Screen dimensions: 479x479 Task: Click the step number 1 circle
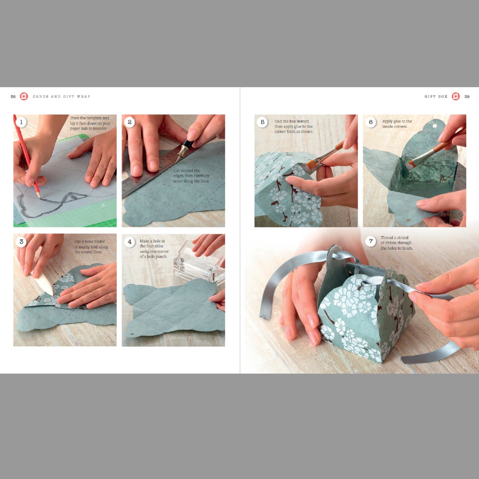pyautogui.click(x=21, y=122)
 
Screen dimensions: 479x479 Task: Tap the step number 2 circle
pyautogui.click(x=130, y=122)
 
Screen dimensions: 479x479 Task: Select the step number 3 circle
pyautogui.click(x=21, y=242)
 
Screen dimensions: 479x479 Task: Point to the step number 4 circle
pyautogui.click(x=130, y=242)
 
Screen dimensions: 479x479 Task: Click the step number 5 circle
pyautogui.click(x=263, y=122)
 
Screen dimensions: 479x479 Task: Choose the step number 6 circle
pyautogui.click(x=371, y=122)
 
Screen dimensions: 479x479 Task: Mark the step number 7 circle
pyautogui.click(x=371, y=241)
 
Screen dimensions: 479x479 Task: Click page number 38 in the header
pyautogui.click(x=13, y=96)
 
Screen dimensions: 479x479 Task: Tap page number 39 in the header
pyautogui.click(x=467, y=96)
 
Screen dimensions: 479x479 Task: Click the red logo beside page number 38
pyautogui.click(x=24, y=96)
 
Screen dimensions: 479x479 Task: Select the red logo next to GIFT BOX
pyautogui.click(x=456, y=96)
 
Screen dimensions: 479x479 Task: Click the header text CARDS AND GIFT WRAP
pyautogui.click(x=61, y=96)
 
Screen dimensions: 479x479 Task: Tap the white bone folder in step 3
pyautogui.click(x=43, y=283)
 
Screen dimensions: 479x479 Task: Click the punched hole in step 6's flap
pyautogui.click(x=435, y=126)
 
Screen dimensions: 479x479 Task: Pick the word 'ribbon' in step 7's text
pyautogui.click(x=390, y=243)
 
